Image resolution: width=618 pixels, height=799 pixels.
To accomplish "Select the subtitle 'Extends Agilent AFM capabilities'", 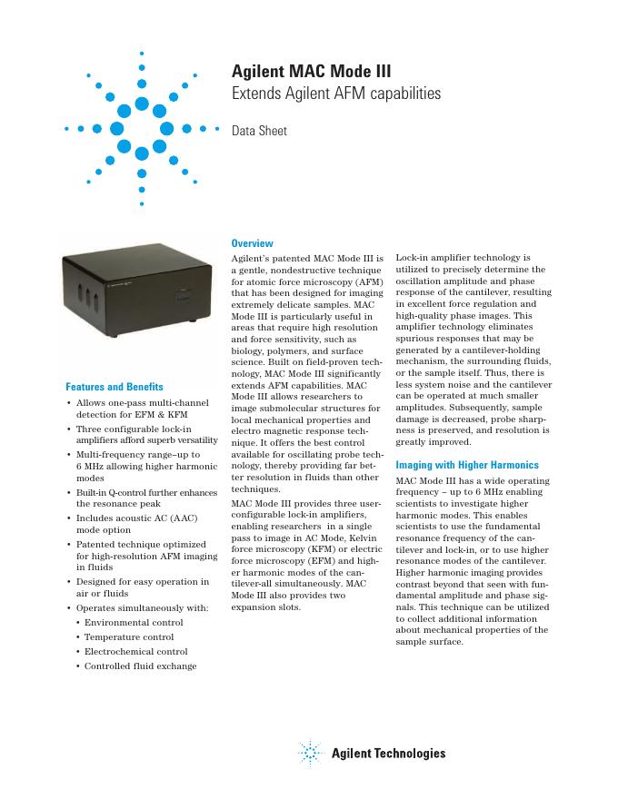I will (x=336, y=94).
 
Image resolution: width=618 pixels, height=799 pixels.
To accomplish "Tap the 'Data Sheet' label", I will (x=259, y=131).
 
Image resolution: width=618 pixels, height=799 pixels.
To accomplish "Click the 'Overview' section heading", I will (x=252, y=243).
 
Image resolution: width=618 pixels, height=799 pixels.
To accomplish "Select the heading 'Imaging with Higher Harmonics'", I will (x=466, y=465).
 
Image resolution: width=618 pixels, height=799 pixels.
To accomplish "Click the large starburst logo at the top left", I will (x=142, y=128).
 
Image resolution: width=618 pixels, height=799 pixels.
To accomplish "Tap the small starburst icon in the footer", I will (x=310, y=753).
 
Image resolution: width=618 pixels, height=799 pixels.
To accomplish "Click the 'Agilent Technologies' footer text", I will (x=388, y=754).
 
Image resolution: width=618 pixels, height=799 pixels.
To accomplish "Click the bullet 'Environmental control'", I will (x=134, y=622).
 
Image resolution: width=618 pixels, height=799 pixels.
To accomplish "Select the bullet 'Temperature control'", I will (x=129, y=636).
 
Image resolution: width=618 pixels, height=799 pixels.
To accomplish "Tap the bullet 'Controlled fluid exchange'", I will (x=140, y=666).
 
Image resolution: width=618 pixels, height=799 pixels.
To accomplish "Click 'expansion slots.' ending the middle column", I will (x=265, y=607).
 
